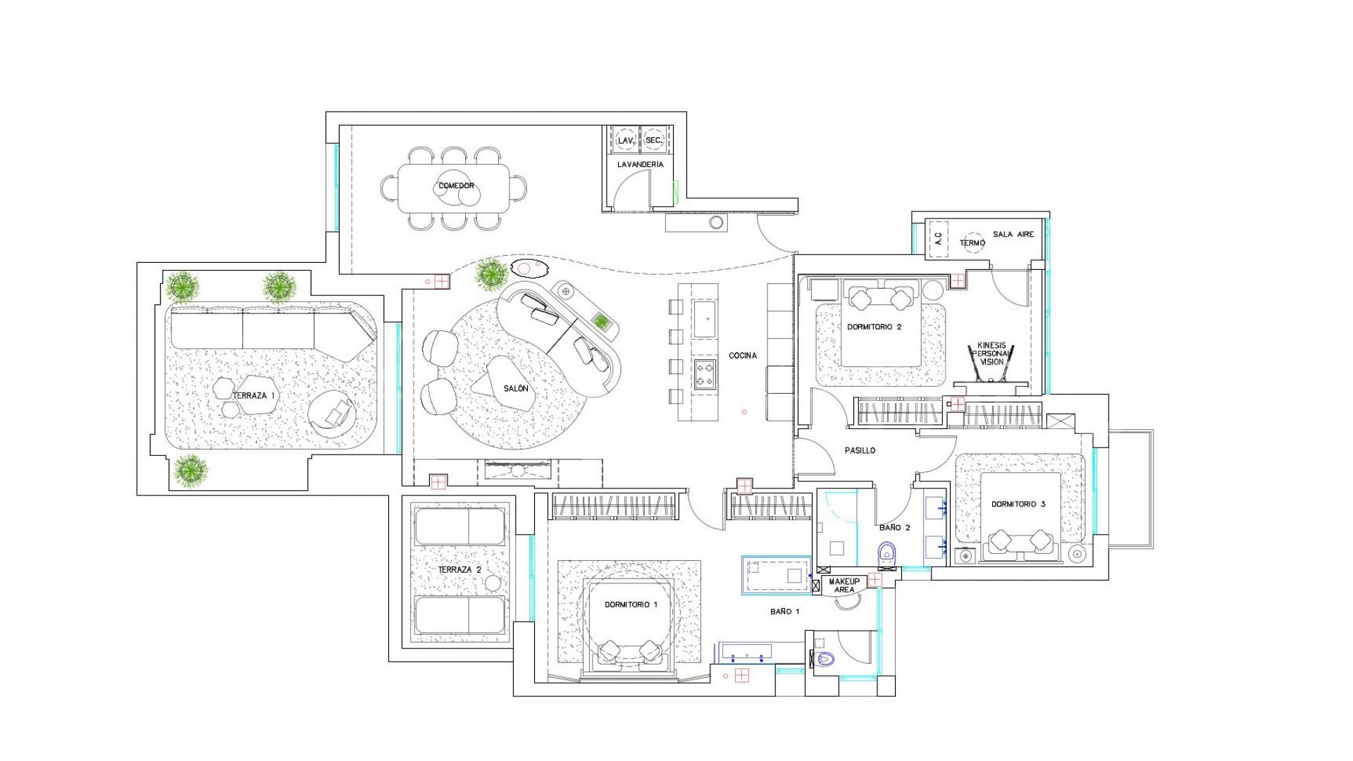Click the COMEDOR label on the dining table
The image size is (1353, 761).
click(456, 186)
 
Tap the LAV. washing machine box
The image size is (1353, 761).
click(625, 140)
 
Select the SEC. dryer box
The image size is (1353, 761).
click(654, 140)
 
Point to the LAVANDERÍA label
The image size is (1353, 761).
click(640, 165)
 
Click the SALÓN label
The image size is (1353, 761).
click(516, 389)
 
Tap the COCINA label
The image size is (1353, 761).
click(743, 356)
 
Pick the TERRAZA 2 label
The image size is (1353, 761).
click(459, 570)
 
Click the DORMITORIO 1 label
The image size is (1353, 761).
click(631, 605)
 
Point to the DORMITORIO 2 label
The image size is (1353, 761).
click(874, 327)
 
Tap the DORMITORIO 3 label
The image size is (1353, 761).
click(1018, 505)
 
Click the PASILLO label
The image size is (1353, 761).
click(860, 451)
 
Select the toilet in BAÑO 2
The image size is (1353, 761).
click(886, 552)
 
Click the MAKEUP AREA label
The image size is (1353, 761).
click(844, 586)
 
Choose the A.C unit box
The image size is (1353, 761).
click(937, 238)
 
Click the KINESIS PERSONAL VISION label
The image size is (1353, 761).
click(991, 354)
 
